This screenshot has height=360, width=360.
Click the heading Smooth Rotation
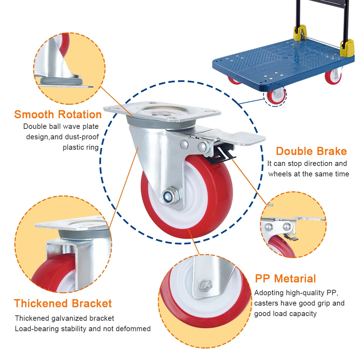point(58,115)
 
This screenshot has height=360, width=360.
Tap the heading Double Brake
point(311,151)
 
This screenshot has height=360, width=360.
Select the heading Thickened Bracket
point(63,303)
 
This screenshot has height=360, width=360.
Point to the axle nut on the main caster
point(169,197)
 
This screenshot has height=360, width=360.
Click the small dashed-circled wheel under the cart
point(276,96)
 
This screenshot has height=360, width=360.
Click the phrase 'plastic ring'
point(81,147)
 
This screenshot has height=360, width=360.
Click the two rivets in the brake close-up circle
point(278,226)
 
